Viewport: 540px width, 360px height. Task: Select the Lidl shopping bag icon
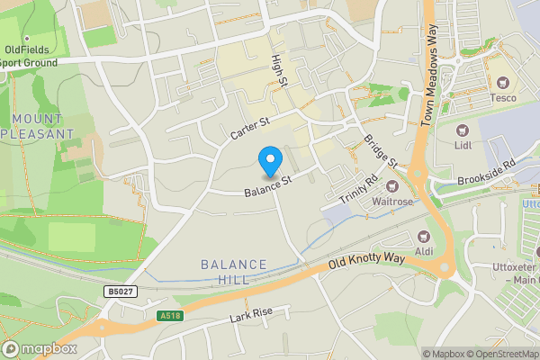tap(463, 130)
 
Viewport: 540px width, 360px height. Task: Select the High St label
tap(279, 70)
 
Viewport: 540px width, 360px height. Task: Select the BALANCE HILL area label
tap(234, 272)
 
